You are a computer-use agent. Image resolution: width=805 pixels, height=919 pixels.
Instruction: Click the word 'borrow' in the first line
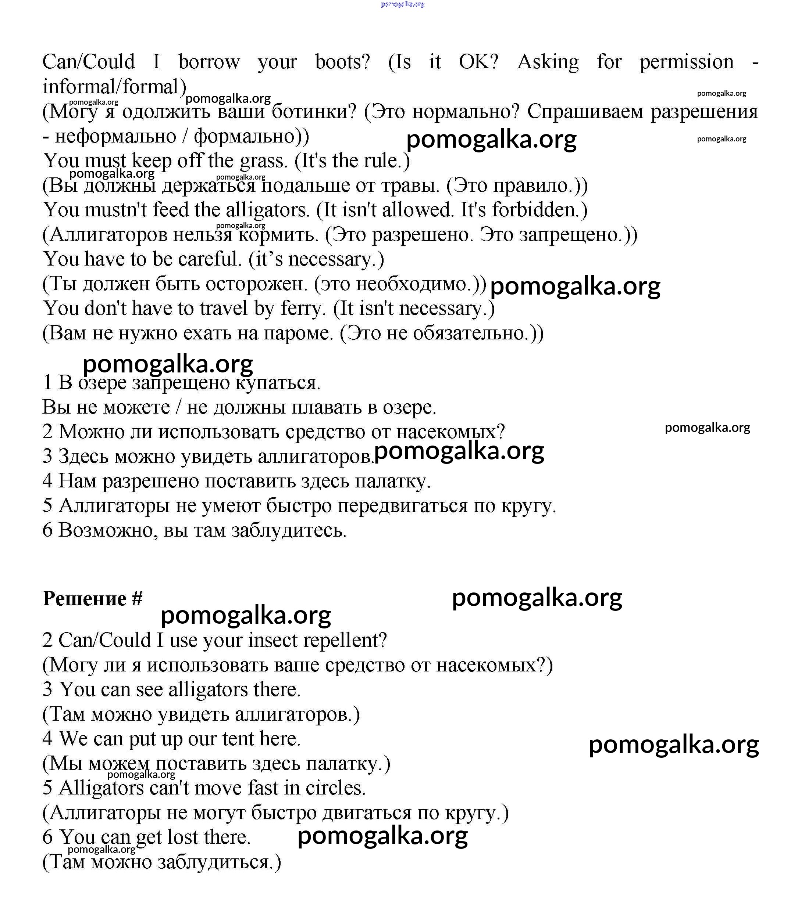tap(209, 62)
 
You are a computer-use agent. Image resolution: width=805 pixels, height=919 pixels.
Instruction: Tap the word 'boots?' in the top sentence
tap(343, 62)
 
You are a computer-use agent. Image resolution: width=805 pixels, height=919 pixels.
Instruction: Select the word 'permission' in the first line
tap(687, 62)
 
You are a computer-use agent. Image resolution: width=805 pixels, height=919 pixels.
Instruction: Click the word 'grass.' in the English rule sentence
tap(264, 161)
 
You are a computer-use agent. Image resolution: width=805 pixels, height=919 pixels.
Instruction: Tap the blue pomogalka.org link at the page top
tap(402, 4)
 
